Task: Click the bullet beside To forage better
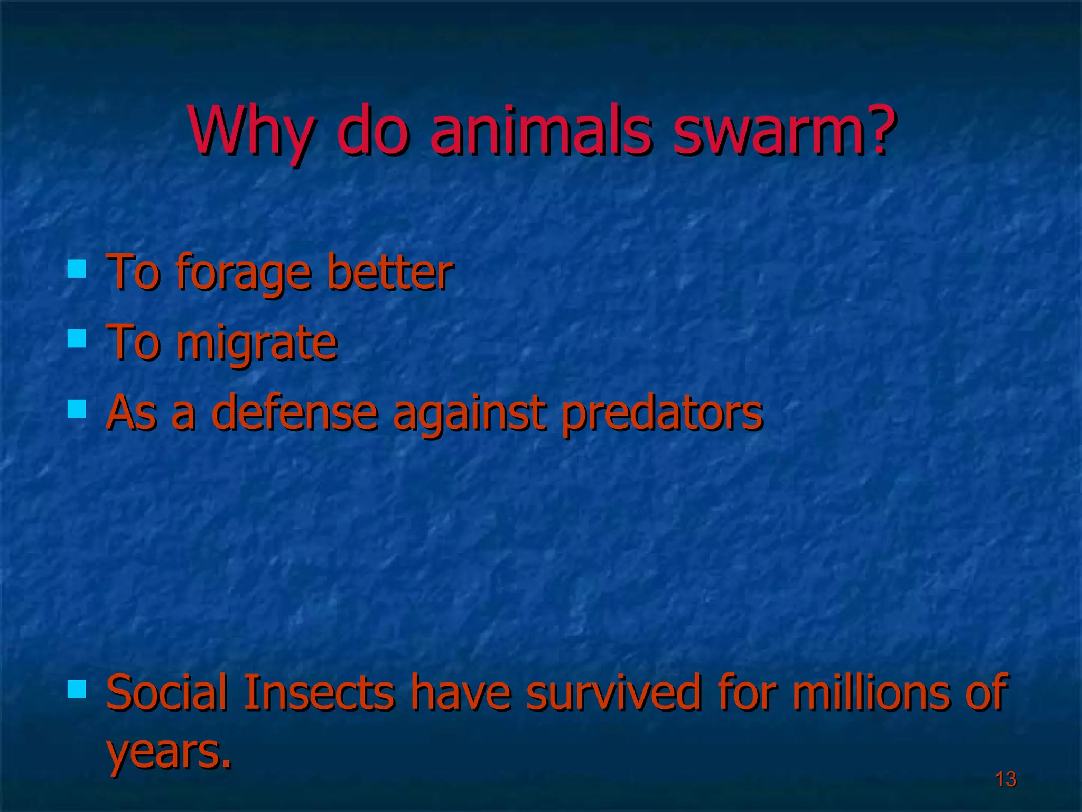tap(77, 268)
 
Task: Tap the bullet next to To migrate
tap(77, 338)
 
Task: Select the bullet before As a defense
tap(77, 408)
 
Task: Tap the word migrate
tap(256, 344)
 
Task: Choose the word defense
tap(294, 412)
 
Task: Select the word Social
tap(167, 693)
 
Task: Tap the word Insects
tap(319, 693)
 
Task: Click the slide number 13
tap(1005, 779)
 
